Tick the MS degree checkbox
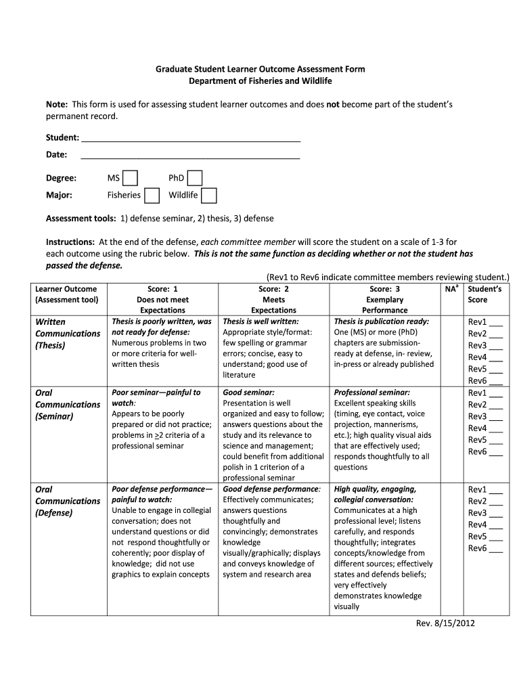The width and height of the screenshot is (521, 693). click(x=131, y=178)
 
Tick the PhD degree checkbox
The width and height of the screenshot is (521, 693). click(x=195, y=178)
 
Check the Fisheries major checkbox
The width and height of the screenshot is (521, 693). click(x=152, y=196)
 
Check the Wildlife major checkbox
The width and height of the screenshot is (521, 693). click(x=210, y=196)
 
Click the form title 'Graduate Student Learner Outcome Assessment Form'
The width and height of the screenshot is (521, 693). click(x=260, y=69)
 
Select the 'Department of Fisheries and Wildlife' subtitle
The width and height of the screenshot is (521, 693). click(x=260, y=81)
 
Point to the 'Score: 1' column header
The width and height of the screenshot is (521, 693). click(x=162, y=289)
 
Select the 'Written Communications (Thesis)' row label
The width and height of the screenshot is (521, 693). click(x=67, y=334)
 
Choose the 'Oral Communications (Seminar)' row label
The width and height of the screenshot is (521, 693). click(x=67, y=404)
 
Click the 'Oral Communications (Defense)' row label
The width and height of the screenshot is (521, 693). click(x=67, y=501)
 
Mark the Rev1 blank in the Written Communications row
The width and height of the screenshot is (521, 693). click(x=496, y=323)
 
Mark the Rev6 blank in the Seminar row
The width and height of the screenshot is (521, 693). click(x=496, y=452)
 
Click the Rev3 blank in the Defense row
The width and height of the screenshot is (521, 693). click(x=496, y=513)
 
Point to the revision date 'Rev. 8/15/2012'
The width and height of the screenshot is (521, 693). click(x=445, y=623)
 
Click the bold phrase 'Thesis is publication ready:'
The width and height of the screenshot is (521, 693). click(x=382, y=321)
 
